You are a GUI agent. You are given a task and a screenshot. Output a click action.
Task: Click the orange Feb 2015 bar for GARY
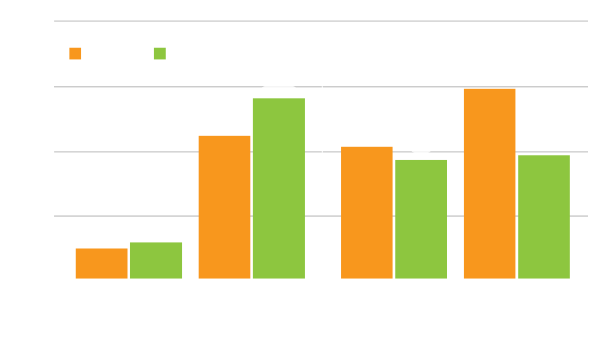(101, 263)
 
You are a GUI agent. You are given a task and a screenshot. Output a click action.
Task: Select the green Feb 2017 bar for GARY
(156, 260)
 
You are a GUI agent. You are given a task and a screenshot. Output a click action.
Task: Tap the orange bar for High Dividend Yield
(224, 207)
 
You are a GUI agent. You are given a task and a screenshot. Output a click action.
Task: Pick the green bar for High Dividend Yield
(278, 188)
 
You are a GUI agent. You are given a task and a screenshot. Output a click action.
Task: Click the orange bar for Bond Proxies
(367, 212)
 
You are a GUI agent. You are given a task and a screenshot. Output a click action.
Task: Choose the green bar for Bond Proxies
(421, 219)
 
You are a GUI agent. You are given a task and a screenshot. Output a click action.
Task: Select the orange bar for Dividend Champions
(489, 184)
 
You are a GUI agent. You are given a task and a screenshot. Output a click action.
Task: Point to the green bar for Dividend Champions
(544, 217)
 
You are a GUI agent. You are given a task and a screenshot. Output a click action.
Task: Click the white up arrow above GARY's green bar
(156, 231)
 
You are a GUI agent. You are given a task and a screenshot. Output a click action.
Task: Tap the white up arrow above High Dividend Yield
(278, 86)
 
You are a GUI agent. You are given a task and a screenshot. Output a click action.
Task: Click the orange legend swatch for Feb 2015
(75, 54)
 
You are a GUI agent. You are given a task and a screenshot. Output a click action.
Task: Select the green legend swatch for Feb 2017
(160, 54)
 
